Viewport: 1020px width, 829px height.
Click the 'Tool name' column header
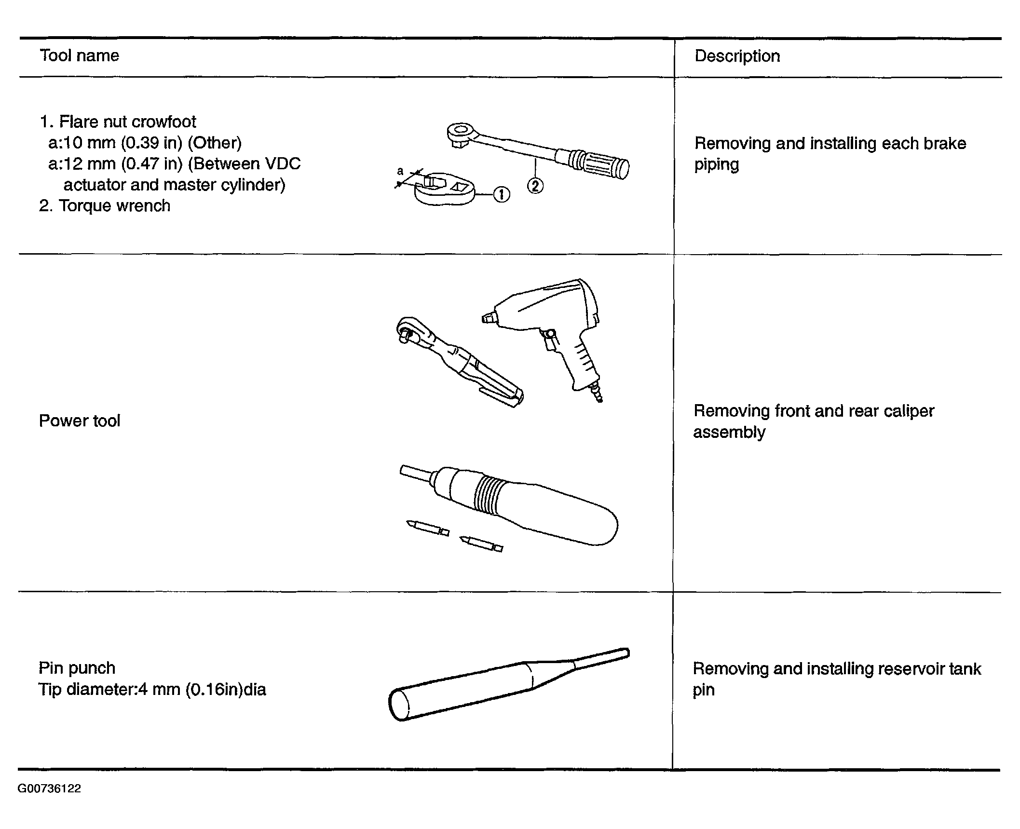[79, 55]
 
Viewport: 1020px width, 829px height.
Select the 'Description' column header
[737, 56]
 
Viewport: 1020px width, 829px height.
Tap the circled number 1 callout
[502, 194]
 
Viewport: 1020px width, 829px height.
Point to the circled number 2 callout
[535, 186]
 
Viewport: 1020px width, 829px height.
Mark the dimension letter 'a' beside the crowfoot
[400, 171]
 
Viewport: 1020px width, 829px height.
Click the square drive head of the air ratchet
[408, 330]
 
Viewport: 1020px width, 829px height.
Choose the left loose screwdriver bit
[428, 528]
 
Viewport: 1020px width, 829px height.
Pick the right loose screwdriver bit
[481, 544]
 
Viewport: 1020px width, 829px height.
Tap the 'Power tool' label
[80, 421]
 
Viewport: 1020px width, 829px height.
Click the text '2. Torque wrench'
[105, 206]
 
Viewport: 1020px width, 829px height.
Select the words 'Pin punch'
[77, 668]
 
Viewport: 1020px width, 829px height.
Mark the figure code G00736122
[49, 788]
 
